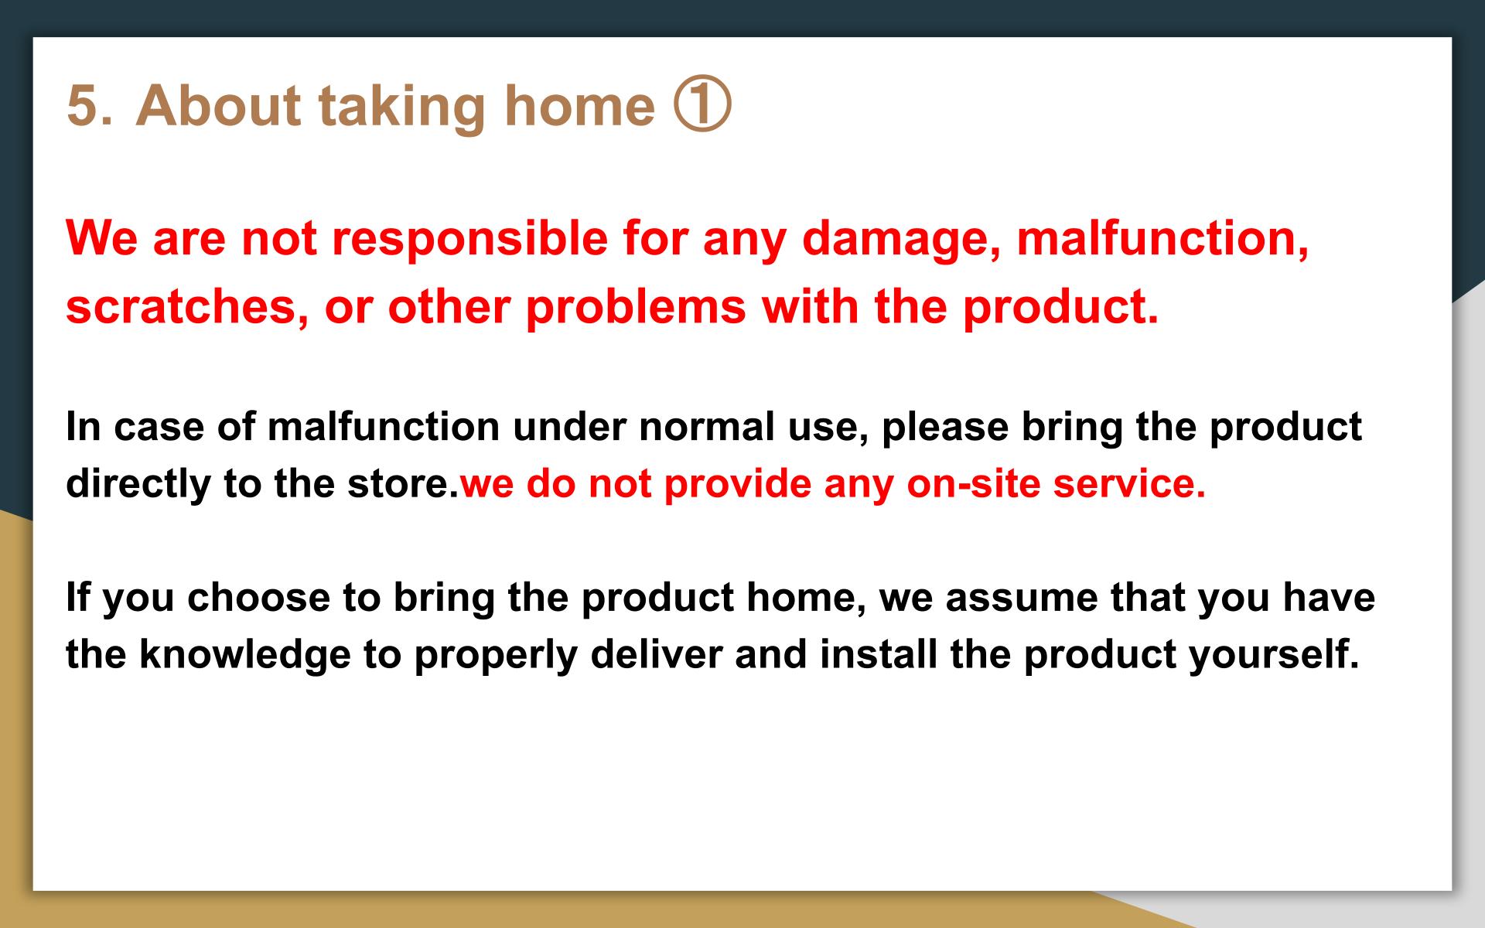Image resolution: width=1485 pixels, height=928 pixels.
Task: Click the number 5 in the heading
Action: [x=84, y=106]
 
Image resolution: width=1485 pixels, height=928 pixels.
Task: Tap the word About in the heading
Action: [x=219, y=105]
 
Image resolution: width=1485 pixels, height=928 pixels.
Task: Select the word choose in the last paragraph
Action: [x=259, y=598]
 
